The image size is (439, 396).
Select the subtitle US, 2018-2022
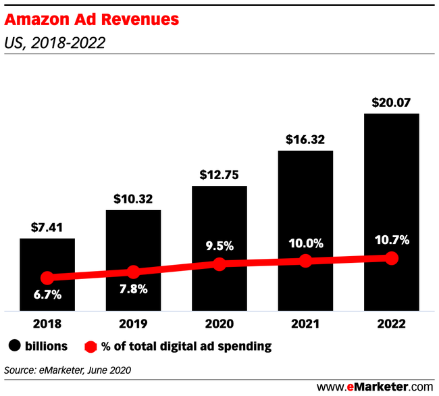point(55,43)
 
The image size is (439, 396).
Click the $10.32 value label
point(133,199)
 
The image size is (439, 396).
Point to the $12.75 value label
point(219,175)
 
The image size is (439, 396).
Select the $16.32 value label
point(305,140)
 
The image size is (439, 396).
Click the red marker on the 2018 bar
point(47,278)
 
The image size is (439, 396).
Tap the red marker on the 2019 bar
point(133,272)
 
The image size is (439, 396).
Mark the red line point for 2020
point(219,264)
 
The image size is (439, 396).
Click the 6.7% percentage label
point(47,295)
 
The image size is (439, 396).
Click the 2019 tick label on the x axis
point(133,324)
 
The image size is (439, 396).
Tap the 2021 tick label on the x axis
point(305,324)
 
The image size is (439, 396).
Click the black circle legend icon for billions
point(14,347)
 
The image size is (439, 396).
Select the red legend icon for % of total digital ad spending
point(90,347)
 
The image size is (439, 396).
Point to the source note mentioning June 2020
point(68,370)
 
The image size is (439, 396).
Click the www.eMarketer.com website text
point(375,386)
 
